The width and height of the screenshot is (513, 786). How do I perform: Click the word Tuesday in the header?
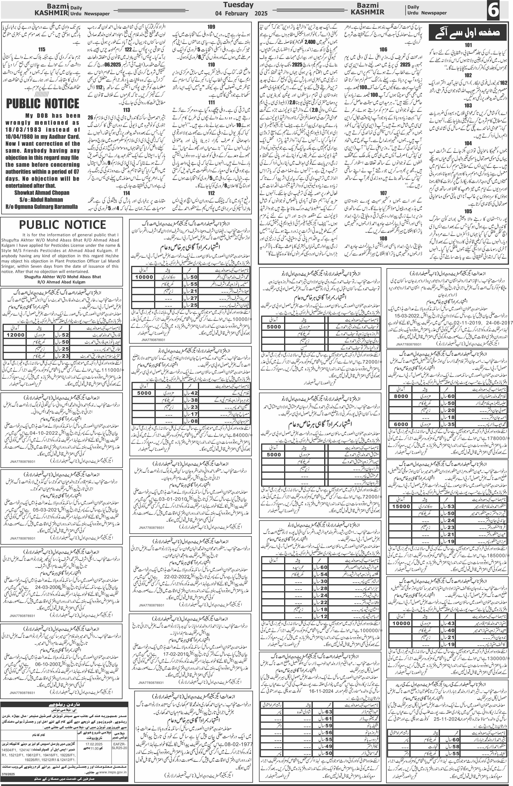click(238, 5)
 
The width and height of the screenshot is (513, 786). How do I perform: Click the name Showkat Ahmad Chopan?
click(42, 193)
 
